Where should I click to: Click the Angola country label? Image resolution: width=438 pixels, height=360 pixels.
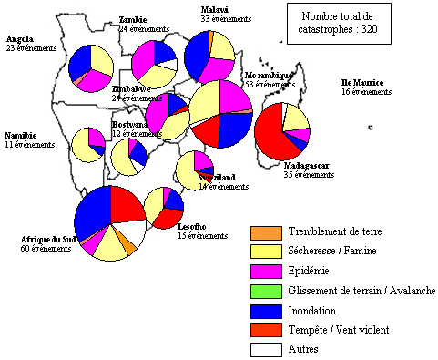[x=20, y=39]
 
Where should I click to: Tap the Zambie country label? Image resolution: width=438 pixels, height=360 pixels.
[x=133, y=19]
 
